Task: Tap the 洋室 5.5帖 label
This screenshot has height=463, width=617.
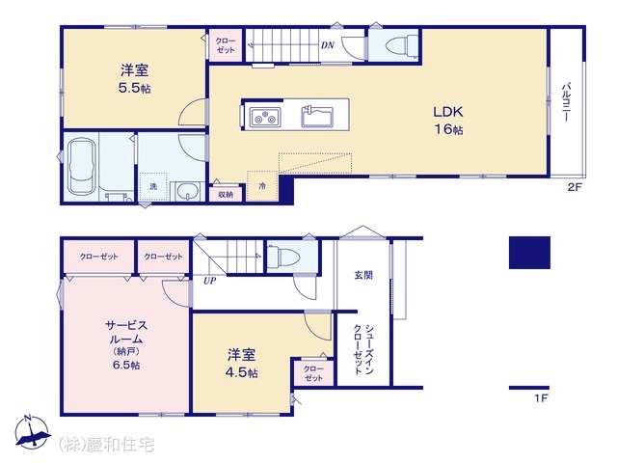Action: pos(134,78)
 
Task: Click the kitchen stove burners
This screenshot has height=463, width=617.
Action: pos(264,119)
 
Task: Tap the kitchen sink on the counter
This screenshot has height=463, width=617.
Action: pos(317,117)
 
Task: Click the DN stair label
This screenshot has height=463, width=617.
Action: pos(327,44)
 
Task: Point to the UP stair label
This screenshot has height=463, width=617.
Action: pos(209,281)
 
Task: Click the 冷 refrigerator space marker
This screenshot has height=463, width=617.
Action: pos(260,184)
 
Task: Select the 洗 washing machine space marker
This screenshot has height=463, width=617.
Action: pos(152,186)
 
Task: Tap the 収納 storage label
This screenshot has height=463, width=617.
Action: pos(225,194)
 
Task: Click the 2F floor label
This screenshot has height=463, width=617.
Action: pos(575,188)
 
